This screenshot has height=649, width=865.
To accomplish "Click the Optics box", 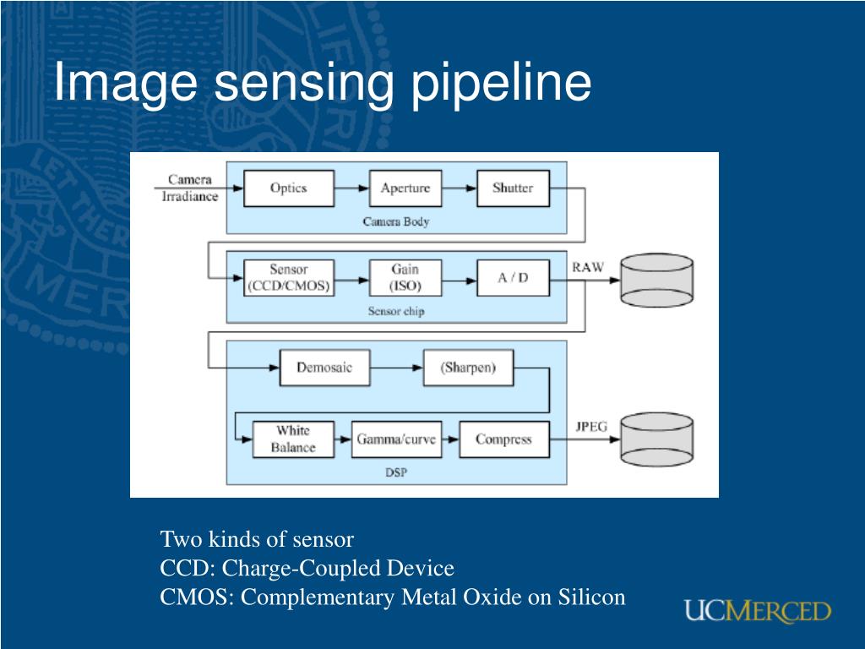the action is coord(289,188).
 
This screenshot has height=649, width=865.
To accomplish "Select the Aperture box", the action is coord(405,188).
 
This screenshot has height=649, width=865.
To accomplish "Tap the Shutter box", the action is coord(513,188).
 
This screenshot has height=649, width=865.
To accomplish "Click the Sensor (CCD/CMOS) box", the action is coord(289,277).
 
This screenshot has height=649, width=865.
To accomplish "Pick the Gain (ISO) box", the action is coord(405,277).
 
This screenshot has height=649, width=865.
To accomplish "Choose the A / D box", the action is coord(513,277).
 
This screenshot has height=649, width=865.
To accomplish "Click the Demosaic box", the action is coord(325,368).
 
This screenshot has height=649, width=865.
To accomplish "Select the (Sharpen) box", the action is coord(468,368).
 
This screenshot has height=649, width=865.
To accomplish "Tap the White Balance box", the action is coord(293,439).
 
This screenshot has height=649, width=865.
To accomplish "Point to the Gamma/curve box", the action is coord(397,439).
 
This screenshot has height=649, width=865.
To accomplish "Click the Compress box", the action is coord(504,439).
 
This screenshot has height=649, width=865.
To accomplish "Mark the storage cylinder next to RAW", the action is coord(657,281).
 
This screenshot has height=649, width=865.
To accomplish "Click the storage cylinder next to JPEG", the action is coord(657,439).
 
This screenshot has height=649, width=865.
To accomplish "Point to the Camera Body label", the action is coord(396,221).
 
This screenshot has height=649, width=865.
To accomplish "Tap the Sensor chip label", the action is coord(396,311).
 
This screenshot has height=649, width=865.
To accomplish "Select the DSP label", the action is coord(396,472).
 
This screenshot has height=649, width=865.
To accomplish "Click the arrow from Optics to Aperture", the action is coord(352,188).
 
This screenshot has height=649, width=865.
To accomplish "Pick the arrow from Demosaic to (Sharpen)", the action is coord(397,368).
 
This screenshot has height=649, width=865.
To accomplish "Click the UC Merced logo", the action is coord(758,612).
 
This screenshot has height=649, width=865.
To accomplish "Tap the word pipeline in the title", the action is coord(501,84).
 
